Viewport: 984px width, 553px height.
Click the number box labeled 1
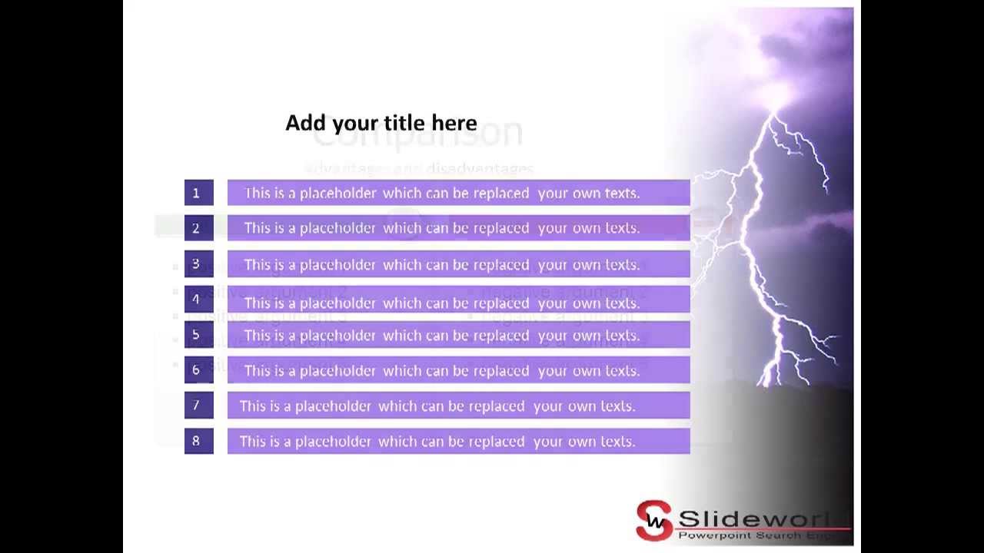coord(198,193)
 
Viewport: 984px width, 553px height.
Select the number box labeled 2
coord(198,228)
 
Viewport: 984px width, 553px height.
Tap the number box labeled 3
coord(198,264)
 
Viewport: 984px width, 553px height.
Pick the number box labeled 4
coord(198,300)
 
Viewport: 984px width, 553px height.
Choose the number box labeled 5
coord(198,335)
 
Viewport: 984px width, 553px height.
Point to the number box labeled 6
coord(198,370)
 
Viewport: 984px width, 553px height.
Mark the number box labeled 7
coord(198,406)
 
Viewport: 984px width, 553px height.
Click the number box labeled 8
coord(198,441)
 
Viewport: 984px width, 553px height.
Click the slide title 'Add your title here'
coord(381,123)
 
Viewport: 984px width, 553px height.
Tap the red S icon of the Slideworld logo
coord(654,521)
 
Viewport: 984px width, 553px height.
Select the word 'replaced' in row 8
coord(497,442)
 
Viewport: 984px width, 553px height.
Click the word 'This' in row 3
coord(258,265)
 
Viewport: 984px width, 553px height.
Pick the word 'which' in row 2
coord(402,228)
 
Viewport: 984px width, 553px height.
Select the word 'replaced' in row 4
coord(501,303)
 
